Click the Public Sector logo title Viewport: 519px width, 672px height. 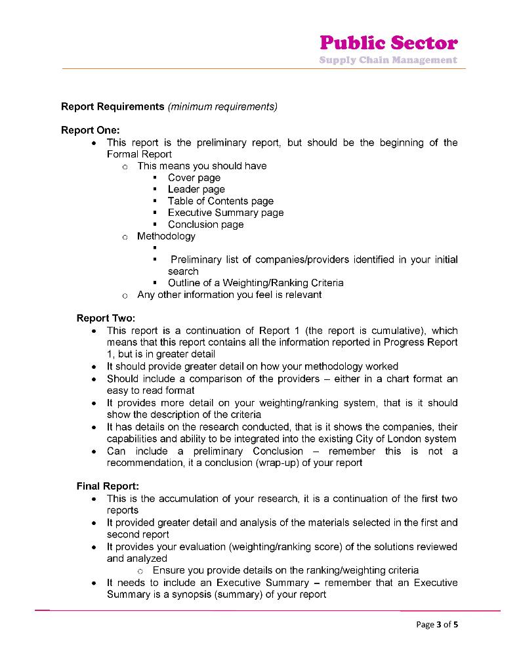click(388, 43)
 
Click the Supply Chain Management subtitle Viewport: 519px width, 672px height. click(388, 60)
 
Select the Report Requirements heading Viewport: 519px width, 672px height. click(112, 106)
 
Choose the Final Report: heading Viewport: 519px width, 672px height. click(108, 486)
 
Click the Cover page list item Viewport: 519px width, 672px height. click(194, 178)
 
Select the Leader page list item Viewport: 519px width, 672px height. click(196, 190)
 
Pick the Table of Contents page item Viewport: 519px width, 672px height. click(220, 201)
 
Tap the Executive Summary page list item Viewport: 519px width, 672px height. click(226, 213)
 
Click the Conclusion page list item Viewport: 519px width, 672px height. click(205, 224)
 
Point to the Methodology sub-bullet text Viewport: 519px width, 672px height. click(166, 236)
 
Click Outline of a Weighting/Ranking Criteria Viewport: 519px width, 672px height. click(255, 283)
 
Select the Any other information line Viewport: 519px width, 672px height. click(229, 295)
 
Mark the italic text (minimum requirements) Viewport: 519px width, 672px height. click(222, 106)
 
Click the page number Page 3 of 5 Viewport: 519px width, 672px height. click(437, 624)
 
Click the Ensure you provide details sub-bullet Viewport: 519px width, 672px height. click(285, 570)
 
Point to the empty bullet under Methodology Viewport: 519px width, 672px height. click(154, 248)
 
